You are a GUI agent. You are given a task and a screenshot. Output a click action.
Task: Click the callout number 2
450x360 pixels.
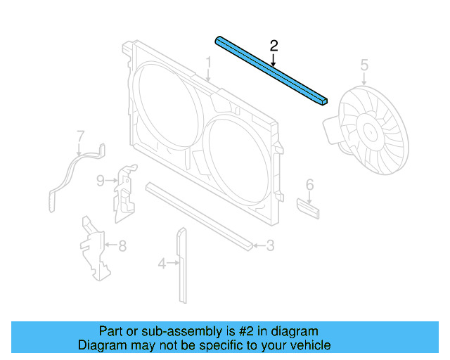click(274, 46)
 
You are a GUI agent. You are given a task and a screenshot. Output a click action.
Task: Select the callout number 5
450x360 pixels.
click(364, 65)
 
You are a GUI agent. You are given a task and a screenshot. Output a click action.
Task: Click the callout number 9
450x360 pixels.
click(101, 181)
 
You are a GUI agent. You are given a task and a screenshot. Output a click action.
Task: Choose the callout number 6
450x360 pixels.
click(309, 185)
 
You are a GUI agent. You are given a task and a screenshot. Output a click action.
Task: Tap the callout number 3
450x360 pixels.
click(270, 246)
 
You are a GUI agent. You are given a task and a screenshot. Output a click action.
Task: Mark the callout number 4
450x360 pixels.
click(161, 264)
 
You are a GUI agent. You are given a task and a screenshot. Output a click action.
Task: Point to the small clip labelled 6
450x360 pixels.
click(309, 208)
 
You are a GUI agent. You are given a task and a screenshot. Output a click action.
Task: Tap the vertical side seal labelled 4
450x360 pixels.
click(182, 264)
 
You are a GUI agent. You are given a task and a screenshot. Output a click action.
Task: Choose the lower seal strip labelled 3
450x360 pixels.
click(200, 215)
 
